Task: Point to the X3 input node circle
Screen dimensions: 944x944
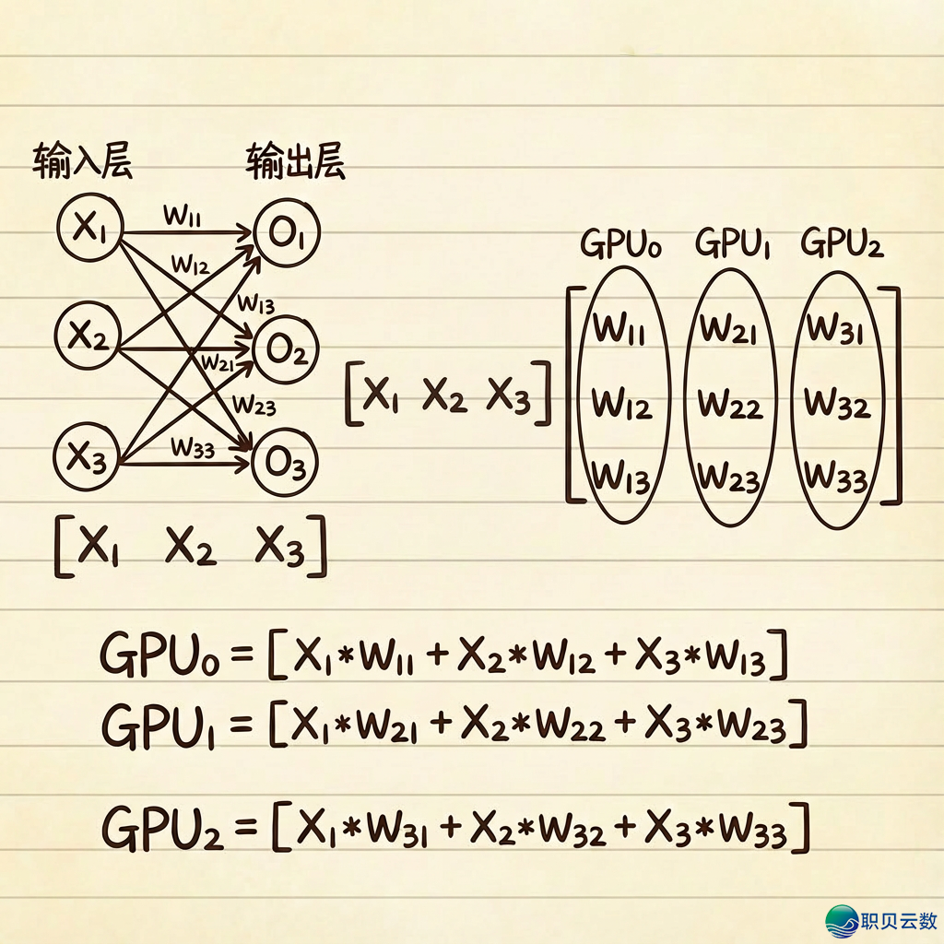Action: point(88,454)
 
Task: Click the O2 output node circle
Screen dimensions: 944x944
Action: point(286,349)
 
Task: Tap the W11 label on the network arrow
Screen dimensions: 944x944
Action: point(183,217)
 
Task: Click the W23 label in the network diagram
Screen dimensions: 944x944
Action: point(254,404)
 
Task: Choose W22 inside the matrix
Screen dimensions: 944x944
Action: point(730,404)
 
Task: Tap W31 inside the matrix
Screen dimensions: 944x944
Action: point(835,326)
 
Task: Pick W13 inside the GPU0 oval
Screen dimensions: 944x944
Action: point(621,478)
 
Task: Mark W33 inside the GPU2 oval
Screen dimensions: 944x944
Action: point(835,478)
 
